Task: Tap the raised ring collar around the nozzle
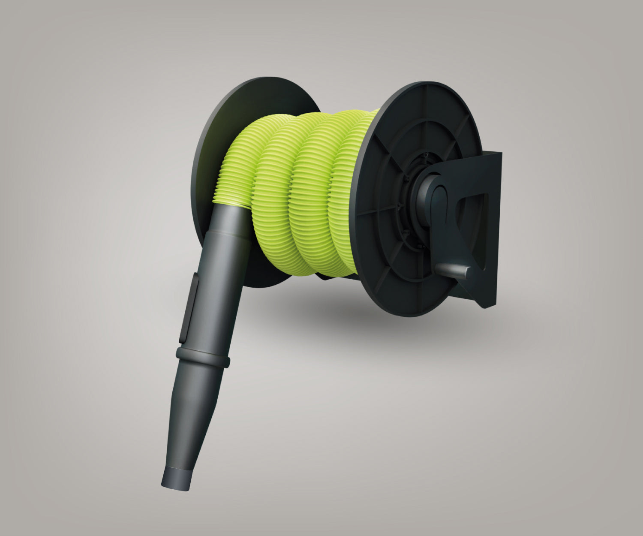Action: coord(203,357)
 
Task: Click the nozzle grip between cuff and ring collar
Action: coord(212,292)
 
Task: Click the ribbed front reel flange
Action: coord(386,257)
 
